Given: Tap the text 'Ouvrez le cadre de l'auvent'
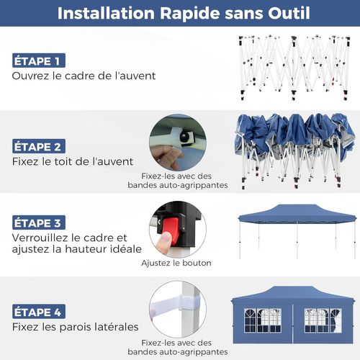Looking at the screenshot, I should point(84,76).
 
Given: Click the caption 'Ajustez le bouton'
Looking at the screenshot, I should point(176,263).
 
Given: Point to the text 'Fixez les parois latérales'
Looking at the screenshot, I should point(75,327).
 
